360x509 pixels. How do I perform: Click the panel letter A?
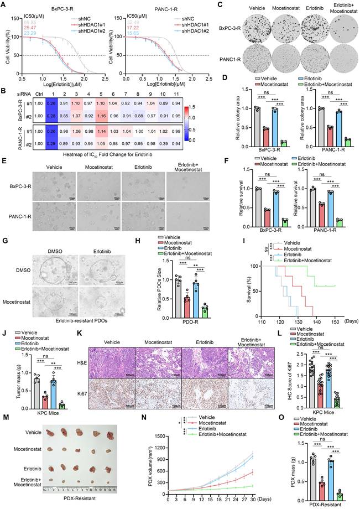coord(4,4)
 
